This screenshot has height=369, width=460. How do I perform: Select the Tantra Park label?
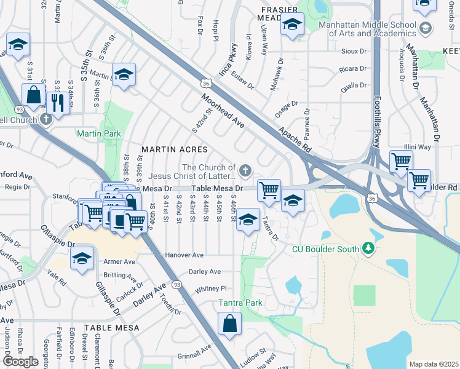(240, 303)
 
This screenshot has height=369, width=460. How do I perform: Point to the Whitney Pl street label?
(210, 288)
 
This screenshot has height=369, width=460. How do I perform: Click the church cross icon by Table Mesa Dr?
(245, 170)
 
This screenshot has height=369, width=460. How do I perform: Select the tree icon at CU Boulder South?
(368, 248)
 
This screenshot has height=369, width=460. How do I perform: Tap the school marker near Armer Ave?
(81, 258)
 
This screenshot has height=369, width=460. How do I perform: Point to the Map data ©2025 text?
(433, 364)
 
